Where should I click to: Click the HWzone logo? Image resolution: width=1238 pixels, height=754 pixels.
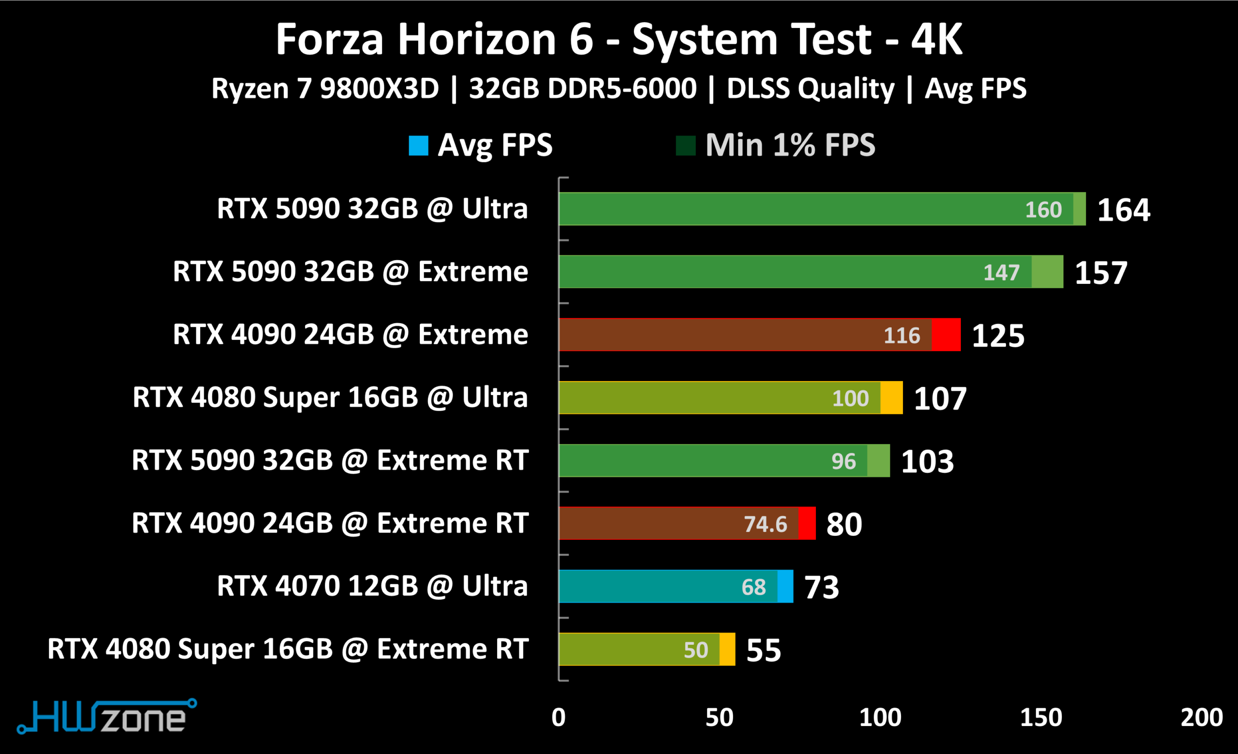[x=106, y=716]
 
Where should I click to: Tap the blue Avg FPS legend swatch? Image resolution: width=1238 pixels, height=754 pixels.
[x=418, y=146]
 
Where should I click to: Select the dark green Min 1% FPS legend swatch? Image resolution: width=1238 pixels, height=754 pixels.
[x=686, y=146]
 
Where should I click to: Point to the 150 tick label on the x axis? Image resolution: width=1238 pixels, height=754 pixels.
[x=1041, y=717]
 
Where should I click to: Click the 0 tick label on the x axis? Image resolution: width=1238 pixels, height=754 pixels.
[x=559, y=717]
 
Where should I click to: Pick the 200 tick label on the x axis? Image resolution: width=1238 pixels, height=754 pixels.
[x=1202, y=717]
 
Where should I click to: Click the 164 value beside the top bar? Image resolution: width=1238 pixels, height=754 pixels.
[x=1123, y=210]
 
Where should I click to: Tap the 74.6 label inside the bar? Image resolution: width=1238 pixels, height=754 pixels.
[x=766, y=524]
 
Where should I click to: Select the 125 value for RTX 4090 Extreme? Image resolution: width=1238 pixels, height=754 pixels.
[x=998, y=336]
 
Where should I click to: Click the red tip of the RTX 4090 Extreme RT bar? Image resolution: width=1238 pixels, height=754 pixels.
[x=807, y=523]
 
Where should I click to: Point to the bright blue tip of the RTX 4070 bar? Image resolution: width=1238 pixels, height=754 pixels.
[x=785, y=586]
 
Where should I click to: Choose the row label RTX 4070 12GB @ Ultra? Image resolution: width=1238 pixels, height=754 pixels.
[x=372, y=586]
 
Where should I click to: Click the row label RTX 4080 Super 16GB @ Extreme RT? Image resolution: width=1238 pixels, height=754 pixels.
[x=288, y=649]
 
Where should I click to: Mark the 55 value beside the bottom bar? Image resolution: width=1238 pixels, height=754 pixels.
[x=764, y=651]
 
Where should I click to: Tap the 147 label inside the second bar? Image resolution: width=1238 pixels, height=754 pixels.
[x=1002, y=273]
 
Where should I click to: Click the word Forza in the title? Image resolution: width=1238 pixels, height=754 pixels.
[x=330, y=39]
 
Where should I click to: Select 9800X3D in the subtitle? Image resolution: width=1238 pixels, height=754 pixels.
[x=379, y=89]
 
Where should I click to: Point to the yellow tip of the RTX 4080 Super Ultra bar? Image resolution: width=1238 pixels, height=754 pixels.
[x=891, y=398]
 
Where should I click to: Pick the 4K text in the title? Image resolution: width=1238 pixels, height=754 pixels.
[x=937, y=39]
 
